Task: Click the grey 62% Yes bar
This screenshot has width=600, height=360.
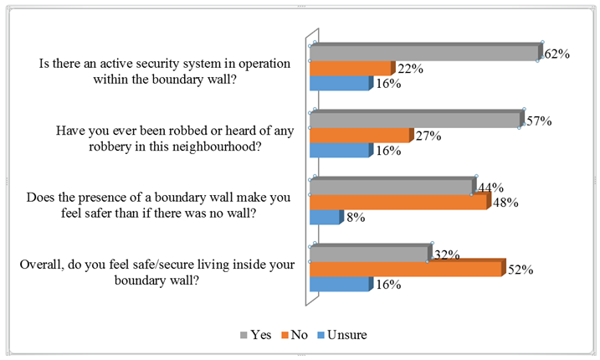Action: (425, 53)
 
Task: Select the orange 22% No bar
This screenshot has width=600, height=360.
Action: (351, 69)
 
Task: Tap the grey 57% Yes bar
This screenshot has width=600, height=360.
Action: (416, 121)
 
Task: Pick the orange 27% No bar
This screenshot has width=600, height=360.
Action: (360, 136)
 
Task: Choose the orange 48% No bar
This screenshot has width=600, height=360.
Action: (398, 203)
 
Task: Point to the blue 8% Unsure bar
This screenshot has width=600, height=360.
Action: (325, 218)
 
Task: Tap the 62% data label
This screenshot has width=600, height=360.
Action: (557, 54)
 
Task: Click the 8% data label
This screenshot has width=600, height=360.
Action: (353, 219)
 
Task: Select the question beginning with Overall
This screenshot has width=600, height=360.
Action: (157, 273)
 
